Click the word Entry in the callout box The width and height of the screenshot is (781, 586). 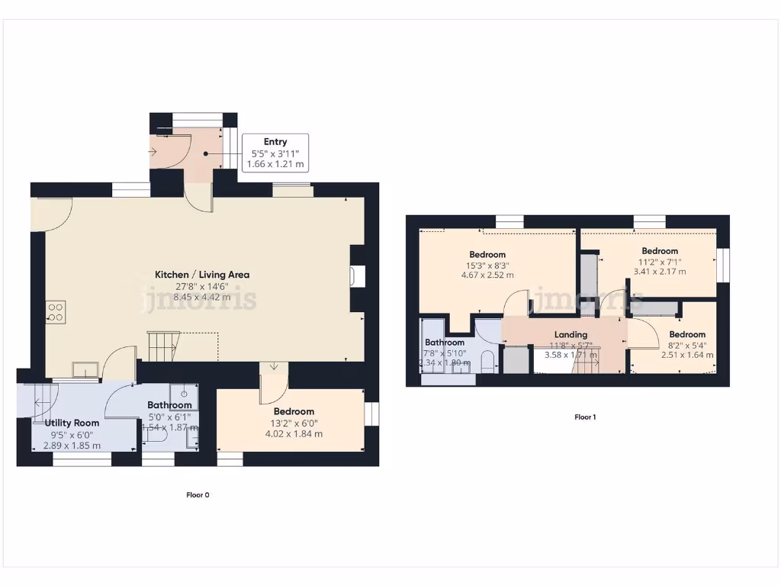point(275,142)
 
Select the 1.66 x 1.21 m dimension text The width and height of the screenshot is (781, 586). point(275,164)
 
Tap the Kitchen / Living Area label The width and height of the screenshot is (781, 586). point(202,275)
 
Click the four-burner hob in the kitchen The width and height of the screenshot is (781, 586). point(56,311)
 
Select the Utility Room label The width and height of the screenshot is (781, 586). point(72,423)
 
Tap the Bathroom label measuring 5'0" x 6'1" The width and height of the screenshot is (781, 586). point(169,405)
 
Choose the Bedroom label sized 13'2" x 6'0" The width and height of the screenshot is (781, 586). point(294,411)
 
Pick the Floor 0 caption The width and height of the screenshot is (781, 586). point(198,495)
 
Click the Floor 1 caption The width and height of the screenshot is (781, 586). point(585,417)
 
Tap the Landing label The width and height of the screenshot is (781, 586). point(570,334)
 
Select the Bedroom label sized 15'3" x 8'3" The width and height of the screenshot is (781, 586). point(487,255)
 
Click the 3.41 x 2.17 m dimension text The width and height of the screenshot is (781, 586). point(660,272)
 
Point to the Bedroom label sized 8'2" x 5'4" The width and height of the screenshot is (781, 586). point(687,334)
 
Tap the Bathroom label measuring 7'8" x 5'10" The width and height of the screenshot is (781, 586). point(445,343)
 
